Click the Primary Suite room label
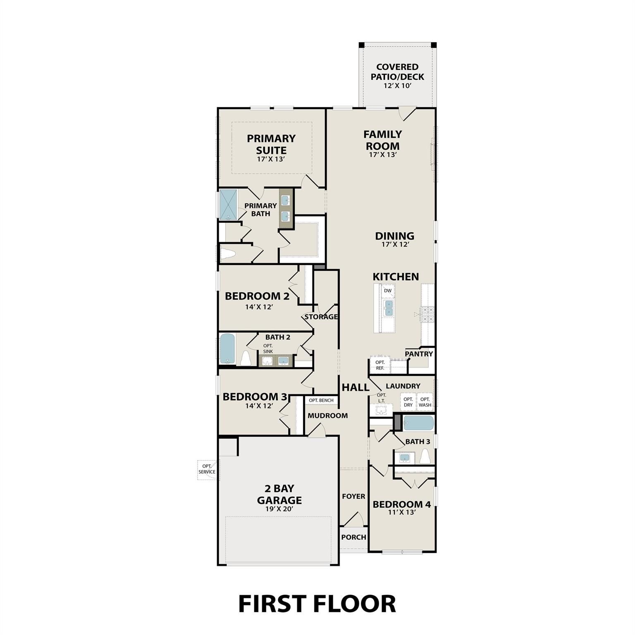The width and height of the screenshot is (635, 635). [271, 144]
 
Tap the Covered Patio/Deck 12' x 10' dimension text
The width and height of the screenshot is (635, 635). [397, 86]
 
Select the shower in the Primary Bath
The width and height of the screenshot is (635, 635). [228, 204]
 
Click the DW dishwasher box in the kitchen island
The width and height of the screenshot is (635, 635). [387, 291]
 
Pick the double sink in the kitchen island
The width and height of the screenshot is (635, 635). [389, 308]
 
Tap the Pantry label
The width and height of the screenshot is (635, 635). [419, 354]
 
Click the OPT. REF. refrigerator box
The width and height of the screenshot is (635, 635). [380, 365]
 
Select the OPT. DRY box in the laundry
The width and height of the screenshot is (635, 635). [408, 402]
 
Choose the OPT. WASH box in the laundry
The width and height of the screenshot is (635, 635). [425, 402]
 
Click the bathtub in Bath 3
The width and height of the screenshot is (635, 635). [418, 423]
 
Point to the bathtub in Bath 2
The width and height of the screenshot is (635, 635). [227, 349]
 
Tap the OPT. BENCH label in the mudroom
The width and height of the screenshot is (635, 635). [321, 400]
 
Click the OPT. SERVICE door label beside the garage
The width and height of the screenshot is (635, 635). [207, 469]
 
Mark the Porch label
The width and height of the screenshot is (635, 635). [353, 537]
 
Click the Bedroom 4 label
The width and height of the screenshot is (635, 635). [401, 504]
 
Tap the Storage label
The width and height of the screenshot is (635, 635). [321, 317]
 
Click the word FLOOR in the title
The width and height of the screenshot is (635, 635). [355, 604]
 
